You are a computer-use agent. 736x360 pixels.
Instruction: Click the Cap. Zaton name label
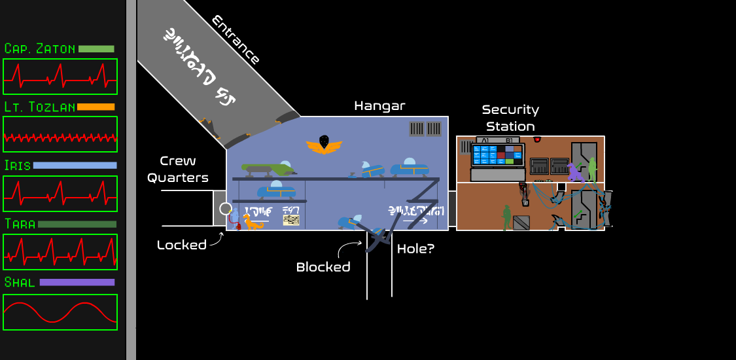(39, 48)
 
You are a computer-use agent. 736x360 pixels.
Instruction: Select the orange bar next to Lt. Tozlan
(96, 107)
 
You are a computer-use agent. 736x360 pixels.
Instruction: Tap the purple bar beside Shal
(77, 283)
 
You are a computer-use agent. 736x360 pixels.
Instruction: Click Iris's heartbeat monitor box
(60, 194)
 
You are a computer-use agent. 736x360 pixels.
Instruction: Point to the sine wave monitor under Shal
(60, 312)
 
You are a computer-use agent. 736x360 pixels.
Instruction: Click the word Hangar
(379, 105)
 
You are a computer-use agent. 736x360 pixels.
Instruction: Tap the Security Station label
(510, 118)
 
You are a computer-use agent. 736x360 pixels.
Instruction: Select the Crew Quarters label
(178, 169)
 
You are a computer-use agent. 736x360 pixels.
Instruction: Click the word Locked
(181, 245)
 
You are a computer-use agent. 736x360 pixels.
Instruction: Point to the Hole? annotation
(415, 249)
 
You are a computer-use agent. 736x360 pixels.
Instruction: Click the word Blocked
(323, 267)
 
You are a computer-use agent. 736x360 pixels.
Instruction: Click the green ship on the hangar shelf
(268, 169)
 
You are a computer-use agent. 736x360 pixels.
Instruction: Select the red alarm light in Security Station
(537, 139)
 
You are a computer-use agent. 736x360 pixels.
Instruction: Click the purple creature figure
(575, 173)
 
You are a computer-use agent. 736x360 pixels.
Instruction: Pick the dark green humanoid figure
(506, 217)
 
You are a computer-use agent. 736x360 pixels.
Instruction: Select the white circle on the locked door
(226, 209)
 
